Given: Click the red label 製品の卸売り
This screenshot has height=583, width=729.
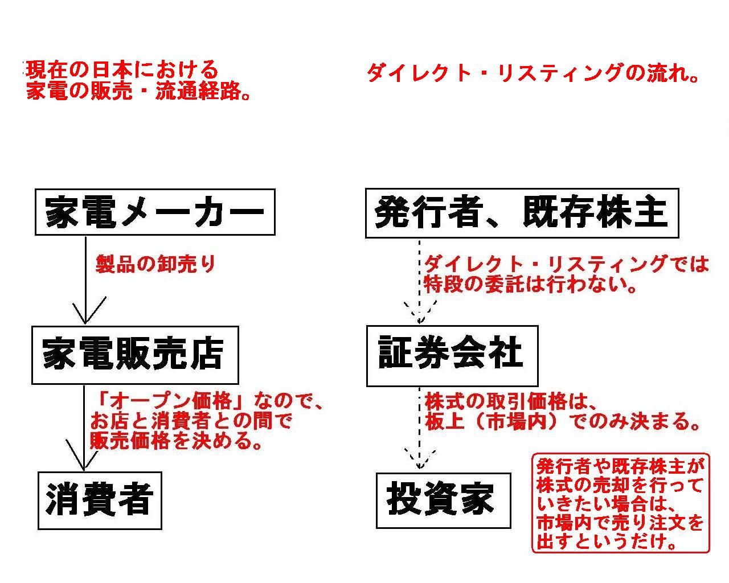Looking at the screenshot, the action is click(x=155, y=264).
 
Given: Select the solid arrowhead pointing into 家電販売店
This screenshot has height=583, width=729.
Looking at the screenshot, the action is click(x=85, y=310).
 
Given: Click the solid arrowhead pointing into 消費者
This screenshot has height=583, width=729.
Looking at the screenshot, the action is click(x=84, y=455).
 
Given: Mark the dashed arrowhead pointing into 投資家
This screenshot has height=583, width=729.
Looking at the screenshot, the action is click(x=419, y=459).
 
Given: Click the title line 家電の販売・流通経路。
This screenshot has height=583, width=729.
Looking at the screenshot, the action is click(x=138, y=91).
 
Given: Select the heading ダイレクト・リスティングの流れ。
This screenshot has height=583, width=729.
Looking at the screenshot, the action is click(x=533, y=73).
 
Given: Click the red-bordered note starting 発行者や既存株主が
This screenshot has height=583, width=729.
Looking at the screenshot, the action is click(x=621, y=503).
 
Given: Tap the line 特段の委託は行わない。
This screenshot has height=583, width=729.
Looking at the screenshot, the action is click(x=530, y=284).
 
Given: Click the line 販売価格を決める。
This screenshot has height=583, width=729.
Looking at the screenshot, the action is click(x=176, y=441).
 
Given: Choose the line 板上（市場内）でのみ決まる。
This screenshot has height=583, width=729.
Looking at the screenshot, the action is click(x=562, y=422).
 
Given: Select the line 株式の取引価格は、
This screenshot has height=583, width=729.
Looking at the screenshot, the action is click(x=510, y=402).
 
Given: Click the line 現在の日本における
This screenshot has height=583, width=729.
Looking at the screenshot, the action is click(x=122, y=70).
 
